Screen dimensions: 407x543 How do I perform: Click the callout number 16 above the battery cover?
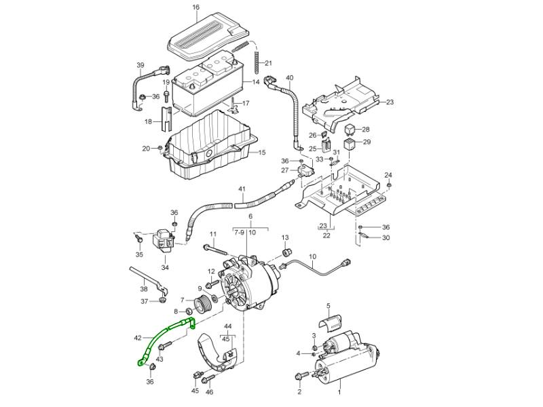click(196, 7)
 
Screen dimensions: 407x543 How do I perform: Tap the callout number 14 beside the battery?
click(256, 82)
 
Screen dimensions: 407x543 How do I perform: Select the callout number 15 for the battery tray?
click(261, 152)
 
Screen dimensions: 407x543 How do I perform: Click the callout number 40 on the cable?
click(290, 78)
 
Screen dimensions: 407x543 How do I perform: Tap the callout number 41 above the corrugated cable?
click(241, 188)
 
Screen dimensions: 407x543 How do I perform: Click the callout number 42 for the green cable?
click(138, 337)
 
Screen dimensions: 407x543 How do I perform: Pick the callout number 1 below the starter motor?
click(340, 392)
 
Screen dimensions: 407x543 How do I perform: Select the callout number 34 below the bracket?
click(165, 267)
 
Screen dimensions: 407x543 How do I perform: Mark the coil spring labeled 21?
click(257, 64)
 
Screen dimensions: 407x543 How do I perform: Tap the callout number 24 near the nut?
click(388, 175)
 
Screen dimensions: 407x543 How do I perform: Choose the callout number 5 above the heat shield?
click(328, 306)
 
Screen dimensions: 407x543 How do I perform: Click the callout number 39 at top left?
click(141, 66)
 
